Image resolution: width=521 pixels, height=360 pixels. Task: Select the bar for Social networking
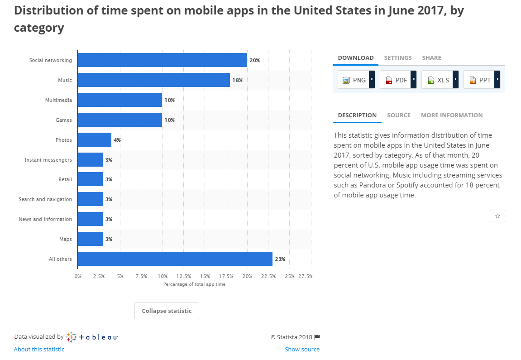point(162,60)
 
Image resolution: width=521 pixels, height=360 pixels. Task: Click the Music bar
point(153,80)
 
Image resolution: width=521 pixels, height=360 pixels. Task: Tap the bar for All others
point(175,259)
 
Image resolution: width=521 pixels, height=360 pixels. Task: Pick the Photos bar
point(94,140)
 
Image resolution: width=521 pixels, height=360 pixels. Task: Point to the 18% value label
point(238,80)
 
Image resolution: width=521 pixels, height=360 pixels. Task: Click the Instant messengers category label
point(48,160)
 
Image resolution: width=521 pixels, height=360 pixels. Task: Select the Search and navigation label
point(45,199)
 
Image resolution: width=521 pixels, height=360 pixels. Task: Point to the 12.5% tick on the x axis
point(183,276)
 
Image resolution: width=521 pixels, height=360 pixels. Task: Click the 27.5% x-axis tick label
point(306,276)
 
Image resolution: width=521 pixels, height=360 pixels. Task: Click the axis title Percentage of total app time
point(194,284)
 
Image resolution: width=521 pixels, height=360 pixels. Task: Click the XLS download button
point(440,80)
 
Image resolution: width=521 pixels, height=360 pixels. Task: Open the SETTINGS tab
point(398,58)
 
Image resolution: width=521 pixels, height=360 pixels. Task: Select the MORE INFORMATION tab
point(452,115)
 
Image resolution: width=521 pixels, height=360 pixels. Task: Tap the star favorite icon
point(497,216)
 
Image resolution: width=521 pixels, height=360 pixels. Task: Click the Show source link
point(302,349)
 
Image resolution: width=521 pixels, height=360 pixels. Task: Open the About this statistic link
point(39,349)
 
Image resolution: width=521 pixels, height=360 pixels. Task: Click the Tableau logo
point(92,337)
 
